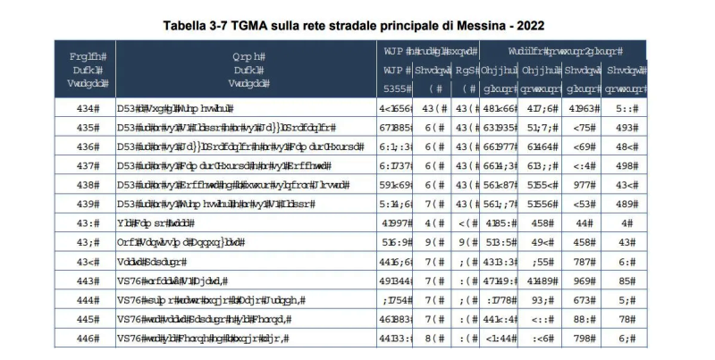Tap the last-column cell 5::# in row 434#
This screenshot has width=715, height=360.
point(625,109)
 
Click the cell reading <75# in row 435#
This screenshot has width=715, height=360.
point(583,128)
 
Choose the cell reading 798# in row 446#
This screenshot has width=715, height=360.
point(583,339)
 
